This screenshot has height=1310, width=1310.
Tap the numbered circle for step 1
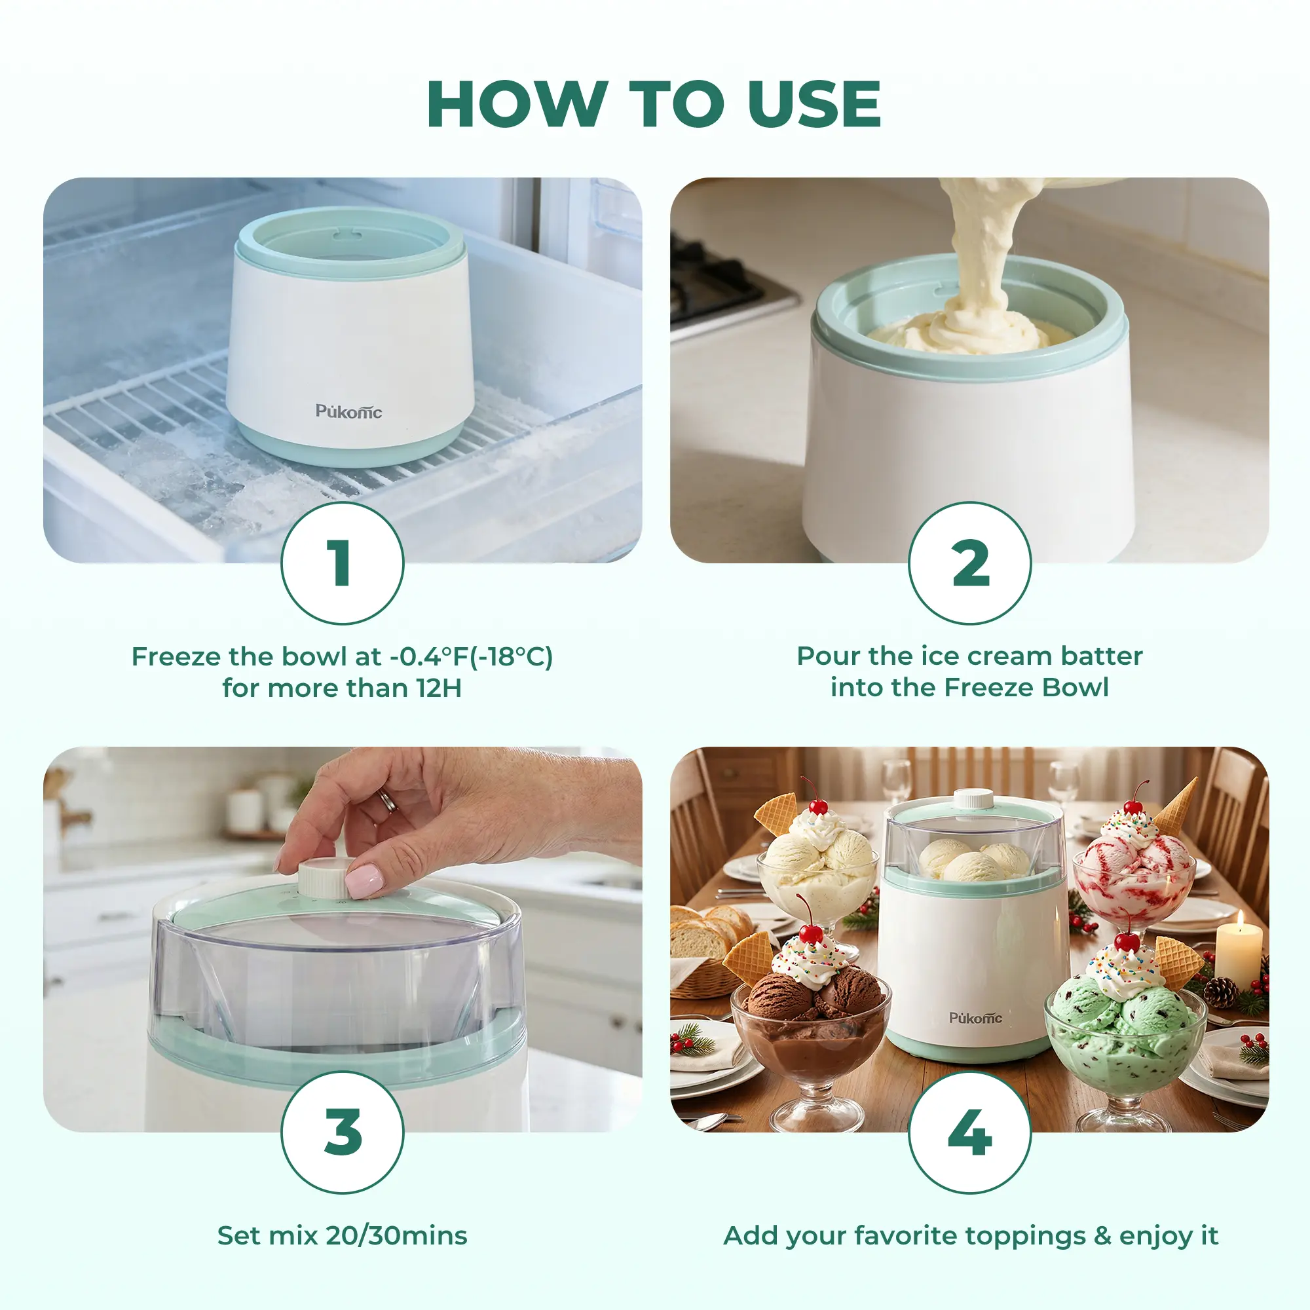click(x=343, y=563)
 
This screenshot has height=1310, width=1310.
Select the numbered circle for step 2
click(x=969, y=563)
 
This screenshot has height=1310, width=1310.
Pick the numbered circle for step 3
click(x=343, y=1132)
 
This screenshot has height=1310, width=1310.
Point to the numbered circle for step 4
click(x=969, y=1132)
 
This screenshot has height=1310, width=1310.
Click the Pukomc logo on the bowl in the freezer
click(x=348, y=411)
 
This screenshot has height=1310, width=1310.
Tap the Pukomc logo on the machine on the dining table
click(x=975, y=1018)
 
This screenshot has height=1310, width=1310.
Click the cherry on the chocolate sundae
click(x=811, y=933)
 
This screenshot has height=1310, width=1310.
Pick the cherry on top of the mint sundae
click(x=1127, y=942)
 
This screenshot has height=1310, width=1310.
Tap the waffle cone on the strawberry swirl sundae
click(x=1176, y=805)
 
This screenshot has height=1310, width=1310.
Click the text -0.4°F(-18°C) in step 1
click(x=471, y=656)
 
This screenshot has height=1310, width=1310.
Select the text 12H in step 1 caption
click(x=440, y=688)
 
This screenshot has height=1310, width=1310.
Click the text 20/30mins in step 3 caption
click(x=397, y=1235)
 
